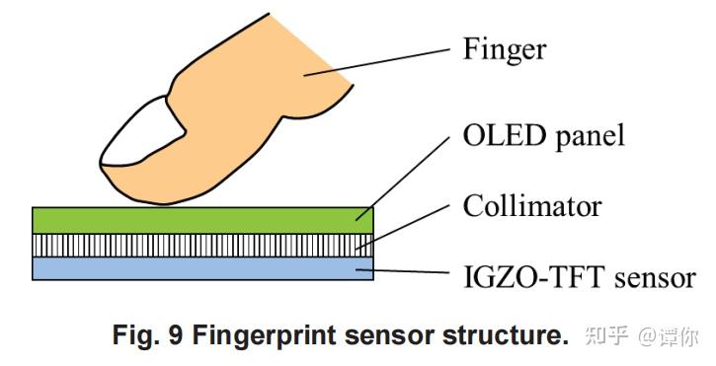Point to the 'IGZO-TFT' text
tap(529, 277)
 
